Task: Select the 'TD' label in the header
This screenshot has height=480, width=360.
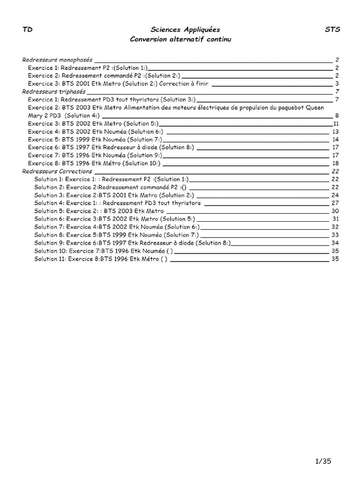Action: [27, 30]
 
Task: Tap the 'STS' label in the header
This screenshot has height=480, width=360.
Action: [332, 30]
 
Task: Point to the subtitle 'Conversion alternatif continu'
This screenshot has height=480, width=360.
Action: [180, 39]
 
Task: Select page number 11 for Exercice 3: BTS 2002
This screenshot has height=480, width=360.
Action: [336, 123]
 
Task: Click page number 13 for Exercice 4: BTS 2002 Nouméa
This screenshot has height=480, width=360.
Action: [335, 131]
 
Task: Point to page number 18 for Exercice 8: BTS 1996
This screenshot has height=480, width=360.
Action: [335, 163]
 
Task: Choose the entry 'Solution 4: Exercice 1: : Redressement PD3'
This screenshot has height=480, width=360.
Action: [117, 203]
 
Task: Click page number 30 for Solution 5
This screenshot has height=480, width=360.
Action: [335, 211]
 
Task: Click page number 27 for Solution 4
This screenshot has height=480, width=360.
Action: [335, 203]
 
